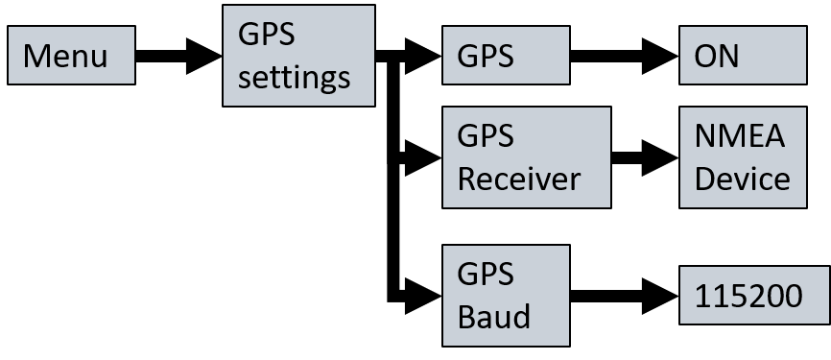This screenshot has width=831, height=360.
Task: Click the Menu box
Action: point(71,56)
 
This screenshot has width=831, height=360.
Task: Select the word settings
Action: point(295,77)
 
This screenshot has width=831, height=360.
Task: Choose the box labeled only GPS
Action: point(506,56)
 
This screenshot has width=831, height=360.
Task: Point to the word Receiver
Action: point(518,179)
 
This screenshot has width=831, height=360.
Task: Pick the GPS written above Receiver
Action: point(486,136)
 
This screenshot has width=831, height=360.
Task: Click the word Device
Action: point(742,179)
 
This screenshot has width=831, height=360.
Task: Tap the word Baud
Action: point(493,316)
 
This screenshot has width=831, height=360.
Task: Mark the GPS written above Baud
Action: point(486,274)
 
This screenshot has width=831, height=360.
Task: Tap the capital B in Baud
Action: point(465,316)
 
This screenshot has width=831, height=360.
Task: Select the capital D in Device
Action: point(703,179)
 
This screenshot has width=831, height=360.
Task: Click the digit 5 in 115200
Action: point(738,297)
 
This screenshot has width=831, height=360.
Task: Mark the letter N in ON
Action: point(728,56)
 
